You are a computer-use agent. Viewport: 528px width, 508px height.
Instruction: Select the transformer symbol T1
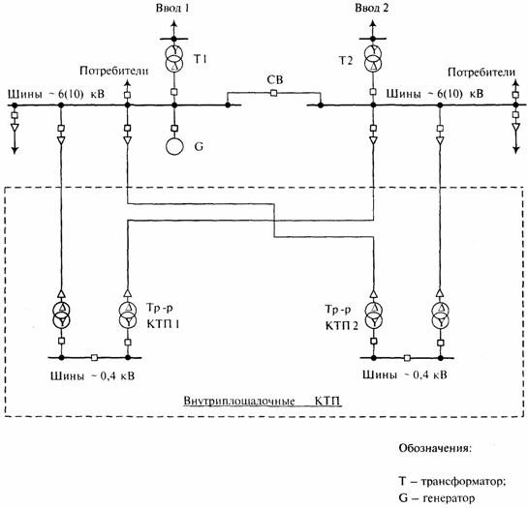[174, 57]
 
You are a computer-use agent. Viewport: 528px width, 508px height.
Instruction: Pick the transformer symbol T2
[373, 57]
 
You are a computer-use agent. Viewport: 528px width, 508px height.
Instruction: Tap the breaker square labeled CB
[274, 93]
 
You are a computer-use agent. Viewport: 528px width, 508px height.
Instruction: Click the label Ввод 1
[172, 8]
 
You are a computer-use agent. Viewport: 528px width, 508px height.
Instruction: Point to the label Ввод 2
[371, 8]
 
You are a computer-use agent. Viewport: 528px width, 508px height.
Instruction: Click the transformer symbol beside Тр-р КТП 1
[128, 314]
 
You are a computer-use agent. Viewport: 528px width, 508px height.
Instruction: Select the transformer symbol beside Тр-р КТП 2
[373, 314]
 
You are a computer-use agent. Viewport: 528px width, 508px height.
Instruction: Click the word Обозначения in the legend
[435, 448]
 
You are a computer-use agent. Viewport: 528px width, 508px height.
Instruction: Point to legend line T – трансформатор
[452, 482]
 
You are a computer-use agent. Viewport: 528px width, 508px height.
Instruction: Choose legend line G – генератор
[436, 498]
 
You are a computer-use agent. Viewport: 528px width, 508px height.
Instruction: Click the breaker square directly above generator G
[174, 128]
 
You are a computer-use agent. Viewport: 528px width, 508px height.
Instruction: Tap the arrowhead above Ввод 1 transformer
[173, 23]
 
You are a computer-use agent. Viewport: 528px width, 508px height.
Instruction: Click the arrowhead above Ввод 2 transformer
[372, 23]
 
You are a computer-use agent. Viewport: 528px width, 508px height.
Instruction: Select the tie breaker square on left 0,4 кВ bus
[95, 358]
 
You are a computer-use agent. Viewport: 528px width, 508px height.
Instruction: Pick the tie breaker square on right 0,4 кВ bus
[407, 358]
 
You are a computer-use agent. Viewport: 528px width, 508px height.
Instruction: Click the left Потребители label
[113, 72]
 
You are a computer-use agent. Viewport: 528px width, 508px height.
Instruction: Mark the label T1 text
[200, 60]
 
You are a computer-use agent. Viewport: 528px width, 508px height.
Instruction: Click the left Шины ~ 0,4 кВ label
[93, 375]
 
